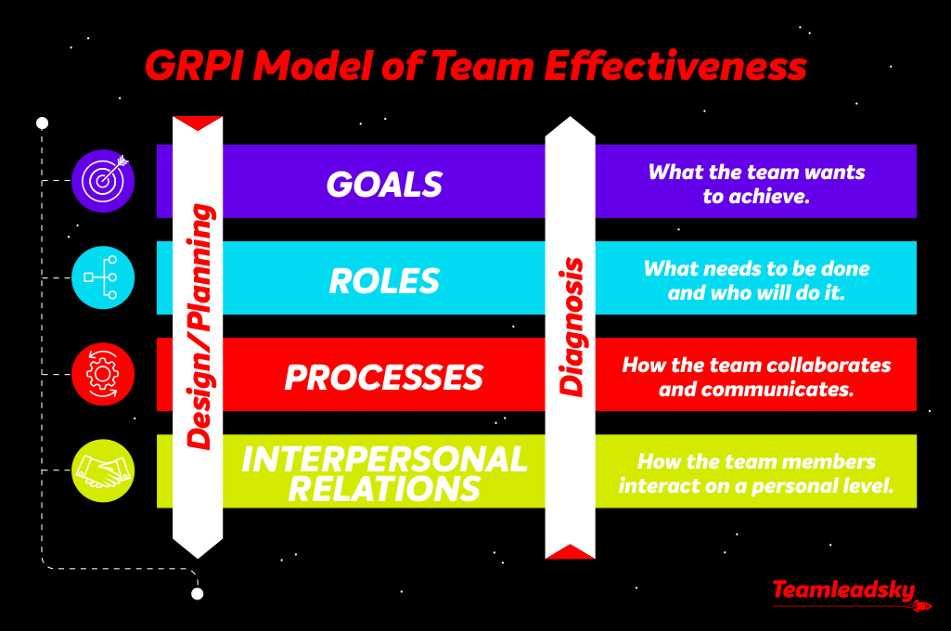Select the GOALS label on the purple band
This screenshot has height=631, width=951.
click(384, 184)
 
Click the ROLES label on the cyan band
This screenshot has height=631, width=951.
click(384, 280)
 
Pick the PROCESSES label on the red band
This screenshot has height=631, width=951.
click(384, 377)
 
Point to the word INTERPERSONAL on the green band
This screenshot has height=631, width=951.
click(384, 458)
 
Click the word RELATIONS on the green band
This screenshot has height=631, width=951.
click(384, 488)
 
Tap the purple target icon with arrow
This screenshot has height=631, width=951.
click(103, 181)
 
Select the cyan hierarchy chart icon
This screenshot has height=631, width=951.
click(103, 277)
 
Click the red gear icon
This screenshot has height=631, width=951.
click(103, 375)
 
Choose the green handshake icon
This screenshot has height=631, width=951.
click(103, 470)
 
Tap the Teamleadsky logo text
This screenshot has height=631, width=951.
click(842, 590)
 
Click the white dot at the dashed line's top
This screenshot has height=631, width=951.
click(42, 122)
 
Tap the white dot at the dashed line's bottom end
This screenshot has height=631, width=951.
click(197, 594)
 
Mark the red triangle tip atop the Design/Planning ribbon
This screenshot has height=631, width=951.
click(198, 124)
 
